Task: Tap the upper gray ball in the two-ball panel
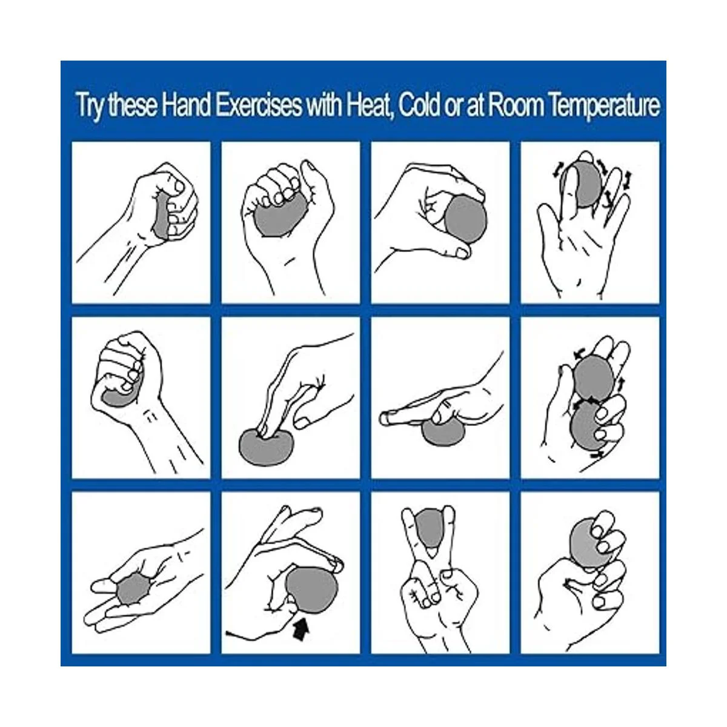click(591, 378)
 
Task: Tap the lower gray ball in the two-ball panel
click(588, 425)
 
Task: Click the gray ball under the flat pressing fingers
click(443, 431)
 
